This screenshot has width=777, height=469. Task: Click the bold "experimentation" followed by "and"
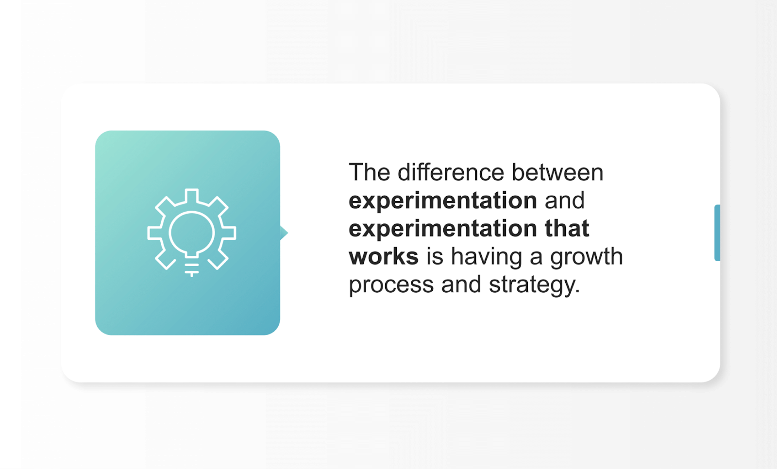pos(442,201)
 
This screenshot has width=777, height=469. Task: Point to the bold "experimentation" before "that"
pos(442,229)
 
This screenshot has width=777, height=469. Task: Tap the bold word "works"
pos(383,256)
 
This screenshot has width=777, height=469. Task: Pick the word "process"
pos(391,285)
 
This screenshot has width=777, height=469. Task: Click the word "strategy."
pos(534,285)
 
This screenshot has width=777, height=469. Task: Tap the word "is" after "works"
pos(435,256)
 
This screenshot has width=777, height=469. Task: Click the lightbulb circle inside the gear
pos(192,233)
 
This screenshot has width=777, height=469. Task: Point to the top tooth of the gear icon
pos(192,196)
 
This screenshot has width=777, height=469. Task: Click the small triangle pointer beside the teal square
pos(284,233)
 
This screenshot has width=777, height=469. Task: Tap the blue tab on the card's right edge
pos(717,233)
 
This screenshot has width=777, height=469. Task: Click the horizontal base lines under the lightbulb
pos(192,269)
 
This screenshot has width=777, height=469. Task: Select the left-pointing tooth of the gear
pos(155,233)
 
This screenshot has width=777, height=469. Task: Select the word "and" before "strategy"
pos(461,285)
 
